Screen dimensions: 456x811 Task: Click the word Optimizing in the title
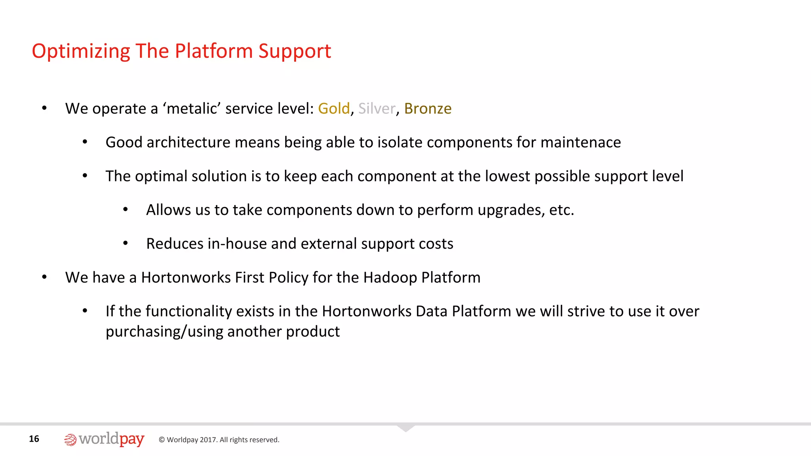point(81,51)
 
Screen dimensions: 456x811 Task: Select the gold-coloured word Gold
point(334,108)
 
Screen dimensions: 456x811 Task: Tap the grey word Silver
point(377,108)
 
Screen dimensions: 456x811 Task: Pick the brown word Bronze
point(428,108)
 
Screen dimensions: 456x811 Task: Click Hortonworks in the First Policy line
point(186,277)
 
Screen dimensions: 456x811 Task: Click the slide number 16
point(34,439)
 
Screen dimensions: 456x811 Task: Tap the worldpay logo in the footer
point(104,439)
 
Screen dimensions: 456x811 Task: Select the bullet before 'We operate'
point(44,108)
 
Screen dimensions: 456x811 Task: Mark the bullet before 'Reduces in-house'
point(125,243)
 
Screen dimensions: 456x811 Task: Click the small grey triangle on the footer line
point(405,428)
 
